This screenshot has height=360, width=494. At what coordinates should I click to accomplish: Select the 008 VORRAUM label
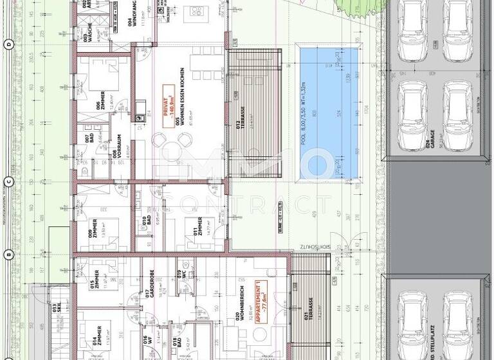tap(114, 154)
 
